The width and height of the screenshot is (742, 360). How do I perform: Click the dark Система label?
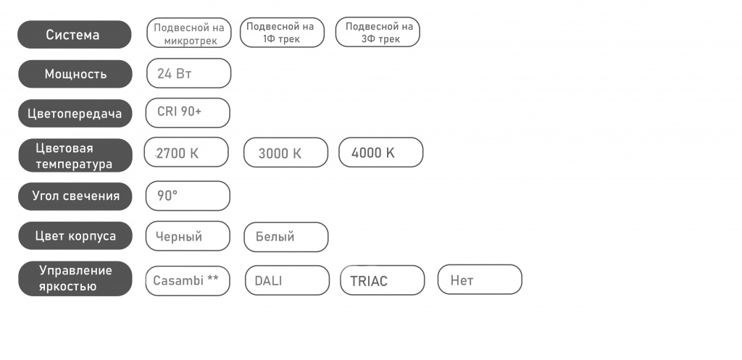pos(75,35)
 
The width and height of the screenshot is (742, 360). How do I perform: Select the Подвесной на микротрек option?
pos(189,33)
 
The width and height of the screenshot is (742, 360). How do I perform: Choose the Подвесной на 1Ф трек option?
pos(282,33)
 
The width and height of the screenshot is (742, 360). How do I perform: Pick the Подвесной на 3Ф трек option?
pos(378,33)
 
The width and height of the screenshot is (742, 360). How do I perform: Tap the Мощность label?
pos(75,74)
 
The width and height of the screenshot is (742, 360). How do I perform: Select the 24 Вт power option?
pos(189,73)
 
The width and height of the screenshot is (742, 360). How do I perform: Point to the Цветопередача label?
pos(75,114)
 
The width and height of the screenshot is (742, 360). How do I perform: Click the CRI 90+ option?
pos(188,112)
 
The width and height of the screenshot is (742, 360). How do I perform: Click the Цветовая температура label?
pos(75,156)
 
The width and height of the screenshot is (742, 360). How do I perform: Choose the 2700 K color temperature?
pos(186,152)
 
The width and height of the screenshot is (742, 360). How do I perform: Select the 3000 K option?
pos(285,152)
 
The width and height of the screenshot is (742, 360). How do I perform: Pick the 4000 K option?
pos(381,152)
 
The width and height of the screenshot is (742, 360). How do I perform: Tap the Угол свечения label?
pos(75,196)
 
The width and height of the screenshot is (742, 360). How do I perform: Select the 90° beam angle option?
pos(188,196)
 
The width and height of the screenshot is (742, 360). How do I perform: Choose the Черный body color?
pos(188,236)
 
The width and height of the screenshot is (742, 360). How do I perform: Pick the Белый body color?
pos(285,237)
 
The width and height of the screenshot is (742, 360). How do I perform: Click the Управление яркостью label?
pos(75,279)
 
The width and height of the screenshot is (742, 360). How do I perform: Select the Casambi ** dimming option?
pos(188,281)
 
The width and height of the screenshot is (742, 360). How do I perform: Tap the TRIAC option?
pos(383,280)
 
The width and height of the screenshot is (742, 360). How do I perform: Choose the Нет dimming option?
pos(480,280)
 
